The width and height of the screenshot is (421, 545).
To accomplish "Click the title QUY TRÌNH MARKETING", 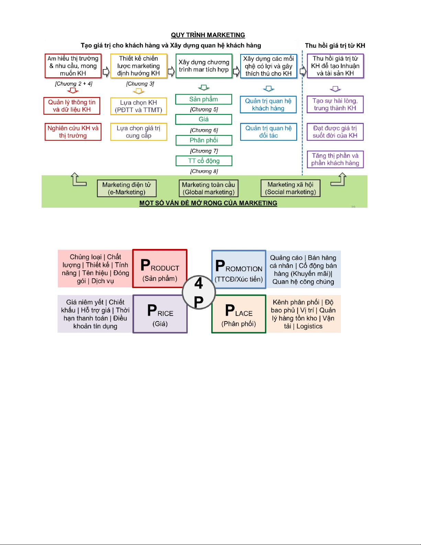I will (208, 35).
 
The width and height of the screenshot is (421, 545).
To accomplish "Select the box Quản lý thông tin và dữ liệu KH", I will (72, 106).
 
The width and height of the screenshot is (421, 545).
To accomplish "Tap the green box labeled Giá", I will (203, 119).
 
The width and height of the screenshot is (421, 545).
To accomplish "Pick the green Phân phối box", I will (204, 140).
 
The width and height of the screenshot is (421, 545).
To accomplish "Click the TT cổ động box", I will (204, 161).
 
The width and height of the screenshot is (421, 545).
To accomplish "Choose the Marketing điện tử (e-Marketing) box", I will (126, 188).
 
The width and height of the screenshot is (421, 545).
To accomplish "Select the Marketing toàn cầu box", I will (209, 188).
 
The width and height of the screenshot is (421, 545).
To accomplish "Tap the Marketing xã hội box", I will (290, 188).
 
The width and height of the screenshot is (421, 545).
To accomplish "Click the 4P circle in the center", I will (199, 293).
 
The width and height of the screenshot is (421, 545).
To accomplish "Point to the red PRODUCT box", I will (160, 269).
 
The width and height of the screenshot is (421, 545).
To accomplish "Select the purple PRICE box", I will (160, 314).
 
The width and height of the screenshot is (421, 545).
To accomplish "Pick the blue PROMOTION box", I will (239, 269).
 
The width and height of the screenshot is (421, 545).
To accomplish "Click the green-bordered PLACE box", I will (239, 314).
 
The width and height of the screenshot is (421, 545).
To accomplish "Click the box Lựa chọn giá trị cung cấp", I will (139, 132).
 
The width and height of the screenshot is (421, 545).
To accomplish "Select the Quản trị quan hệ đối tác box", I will (268, 132).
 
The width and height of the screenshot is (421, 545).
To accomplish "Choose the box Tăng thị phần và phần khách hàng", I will (335, 160).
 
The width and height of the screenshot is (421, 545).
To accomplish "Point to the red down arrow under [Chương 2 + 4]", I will (73, 90).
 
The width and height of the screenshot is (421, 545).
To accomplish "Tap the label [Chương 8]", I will (204, 171).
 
